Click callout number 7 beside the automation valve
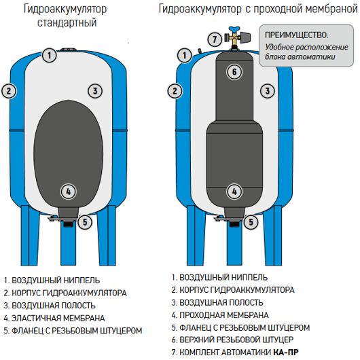pyautogui.click(x=215, y=39)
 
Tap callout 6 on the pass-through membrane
pyautogui.click(x=234, y=72)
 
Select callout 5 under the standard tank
pyautogui.click(x=85, y=222)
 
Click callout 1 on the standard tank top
pyautogui.click(x=50, y=55)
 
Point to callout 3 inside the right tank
pyautogui.click(x=268, y=91)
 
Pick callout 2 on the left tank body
pyautogui.click(x=9, y=91)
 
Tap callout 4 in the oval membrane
pyautogui.click(x=68, y=192)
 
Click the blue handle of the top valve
pyautogui.click(x=234, y=30)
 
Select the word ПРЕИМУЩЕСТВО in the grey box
pyautogui.click(x=297, y=35)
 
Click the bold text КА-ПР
pyautogui.click(x=286, y=352)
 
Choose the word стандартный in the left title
pyautogui.click(x=67, y=22)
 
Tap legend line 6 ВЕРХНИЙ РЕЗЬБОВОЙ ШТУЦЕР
pyautogui.click(x=232, y=340)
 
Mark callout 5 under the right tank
pyautogui.click(x=251, y=222)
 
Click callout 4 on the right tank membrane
pyautogui.click(x=234, y=192)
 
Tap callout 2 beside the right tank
pyautogui.click(x=175, y=91)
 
